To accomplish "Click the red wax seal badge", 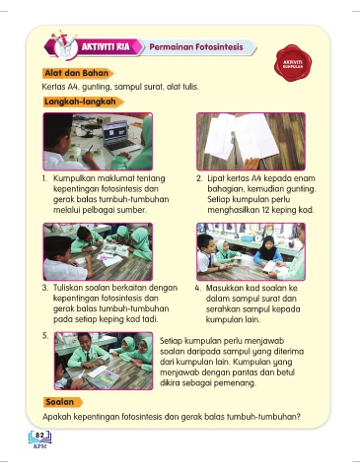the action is click(293, 63).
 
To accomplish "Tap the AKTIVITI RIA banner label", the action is click(106, 47).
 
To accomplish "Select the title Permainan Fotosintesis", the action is click(196, 47).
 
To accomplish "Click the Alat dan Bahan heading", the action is click(77, 73).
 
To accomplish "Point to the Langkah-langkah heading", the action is click(81, 101).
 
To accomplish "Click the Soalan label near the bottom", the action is click(60, 402).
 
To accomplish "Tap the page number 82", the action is click(39, 436).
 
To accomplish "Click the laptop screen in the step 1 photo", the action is click(115, 132).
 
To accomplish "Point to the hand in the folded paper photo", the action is click(252, 163).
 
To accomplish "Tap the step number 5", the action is click(45, 336).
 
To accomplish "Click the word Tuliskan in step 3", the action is click(68, 288).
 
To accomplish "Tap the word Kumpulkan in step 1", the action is click(74, 178).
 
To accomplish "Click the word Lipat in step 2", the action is click(216, 178).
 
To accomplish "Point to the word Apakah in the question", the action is click(56, 417).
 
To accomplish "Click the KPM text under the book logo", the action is click(39, 446).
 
